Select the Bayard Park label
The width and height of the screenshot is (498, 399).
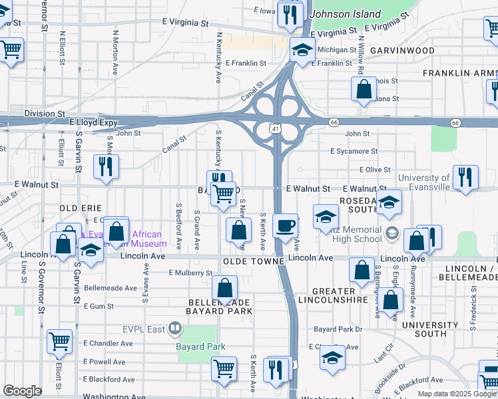(x=200, y=346)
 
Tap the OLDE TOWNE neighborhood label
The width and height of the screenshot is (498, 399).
(x=254, y=262)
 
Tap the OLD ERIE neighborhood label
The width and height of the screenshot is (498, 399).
(x=81, y=208)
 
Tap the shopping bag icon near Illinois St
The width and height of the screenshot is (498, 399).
(x=364, y=90)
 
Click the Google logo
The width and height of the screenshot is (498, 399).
(x=22, y=391)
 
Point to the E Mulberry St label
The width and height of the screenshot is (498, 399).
(x=190, y=273)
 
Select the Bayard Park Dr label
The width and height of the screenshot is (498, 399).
(x=338, y=329)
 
